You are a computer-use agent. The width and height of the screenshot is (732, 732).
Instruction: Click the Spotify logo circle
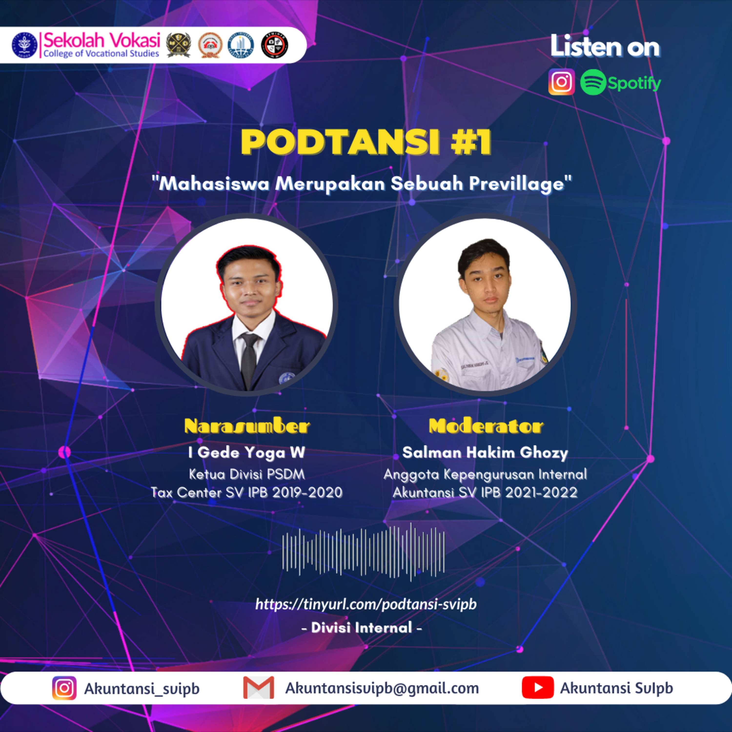(x=593, y=82)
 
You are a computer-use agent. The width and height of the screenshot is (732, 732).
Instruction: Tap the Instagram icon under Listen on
(x=561, y=82)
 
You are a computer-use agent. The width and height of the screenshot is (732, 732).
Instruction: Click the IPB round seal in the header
(x=24, y=45)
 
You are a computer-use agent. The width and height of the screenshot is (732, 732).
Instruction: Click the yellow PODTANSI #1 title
(x=366, y=142)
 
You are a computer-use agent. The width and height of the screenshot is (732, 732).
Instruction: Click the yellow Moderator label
(x=486, y=426)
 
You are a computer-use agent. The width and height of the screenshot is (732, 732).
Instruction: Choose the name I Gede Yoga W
(x=247, y=452)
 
